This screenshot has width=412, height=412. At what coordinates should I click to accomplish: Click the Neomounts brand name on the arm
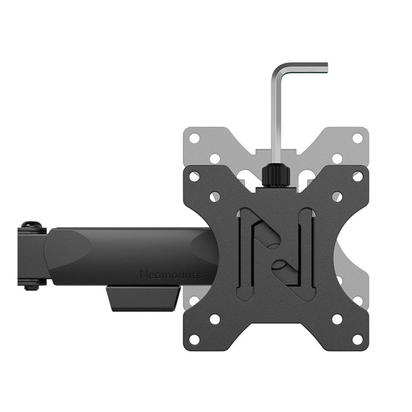tap(171, 274)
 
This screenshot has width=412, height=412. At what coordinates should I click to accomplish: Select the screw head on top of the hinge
tap(32, 226)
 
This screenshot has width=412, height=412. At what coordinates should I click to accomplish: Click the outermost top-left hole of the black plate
tap(194, 176)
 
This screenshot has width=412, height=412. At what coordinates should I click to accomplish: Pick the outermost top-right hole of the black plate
tap(358, 176)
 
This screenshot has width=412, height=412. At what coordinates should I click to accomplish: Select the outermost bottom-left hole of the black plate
tap(194, 339)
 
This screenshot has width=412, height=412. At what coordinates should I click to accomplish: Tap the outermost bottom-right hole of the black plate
tap(358, 339)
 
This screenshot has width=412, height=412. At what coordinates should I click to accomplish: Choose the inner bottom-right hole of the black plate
tap(337, 319)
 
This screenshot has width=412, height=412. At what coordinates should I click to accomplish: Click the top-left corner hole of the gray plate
tap(194, 138)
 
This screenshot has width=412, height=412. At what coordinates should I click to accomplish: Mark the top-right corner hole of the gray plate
tap(358, 138)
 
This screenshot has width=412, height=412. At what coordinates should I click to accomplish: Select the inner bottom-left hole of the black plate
tap(215, 319)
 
